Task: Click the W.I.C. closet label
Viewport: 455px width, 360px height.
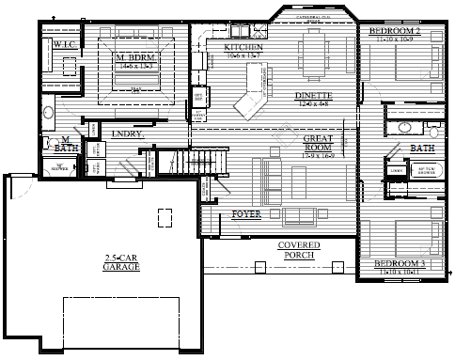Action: point(64,44)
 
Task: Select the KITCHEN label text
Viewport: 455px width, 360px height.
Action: point(243,47)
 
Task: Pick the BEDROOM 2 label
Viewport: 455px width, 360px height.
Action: point(394,32)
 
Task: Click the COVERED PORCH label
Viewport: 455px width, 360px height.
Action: point(298,249)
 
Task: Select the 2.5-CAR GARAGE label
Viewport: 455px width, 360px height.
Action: point(121,263)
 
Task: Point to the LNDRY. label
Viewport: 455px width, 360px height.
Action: point(127,134)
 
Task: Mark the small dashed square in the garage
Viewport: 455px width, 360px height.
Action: point(165,217)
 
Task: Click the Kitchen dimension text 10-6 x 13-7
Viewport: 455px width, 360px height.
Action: point(243,56)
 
